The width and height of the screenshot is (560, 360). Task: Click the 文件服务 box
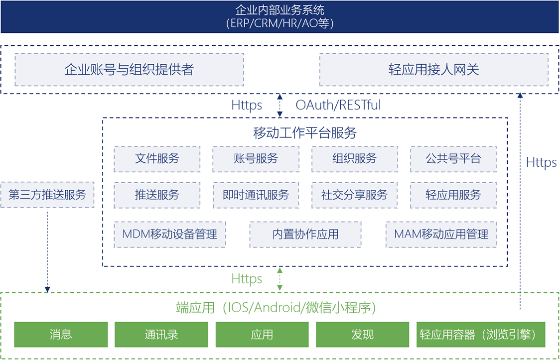[x=157, y=159]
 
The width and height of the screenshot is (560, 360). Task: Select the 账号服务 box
[x=256, y=159]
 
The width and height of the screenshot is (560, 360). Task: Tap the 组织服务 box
[x=355, y=159]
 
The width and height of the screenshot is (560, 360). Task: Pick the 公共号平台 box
[x=453, y=159]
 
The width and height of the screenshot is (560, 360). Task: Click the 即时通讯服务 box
[x=256, y=195]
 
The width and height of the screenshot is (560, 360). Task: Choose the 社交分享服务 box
[x=355, y=195]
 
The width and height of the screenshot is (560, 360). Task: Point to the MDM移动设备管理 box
[x=170, y=234]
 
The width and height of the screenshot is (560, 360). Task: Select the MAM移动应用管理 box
[x=441, y=234]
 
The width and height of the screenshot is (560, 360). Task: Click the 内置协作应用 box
[x=305, y=234]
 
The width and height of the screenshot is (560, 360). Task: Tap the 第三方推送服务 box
[x=47, y=195]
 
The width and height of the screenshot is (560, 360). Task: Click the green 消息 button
[x=61, y=334]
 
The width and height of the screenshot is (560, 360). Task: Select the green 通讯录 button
[x=161, y=334]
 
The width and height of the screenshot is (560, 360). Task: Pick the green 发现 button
[x=362, y=334]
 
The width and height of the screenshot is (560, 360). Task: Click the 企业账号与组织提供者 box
[x=129, y=69]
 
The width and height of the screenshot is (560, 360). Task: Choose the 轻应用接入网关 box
[x=433, y=69]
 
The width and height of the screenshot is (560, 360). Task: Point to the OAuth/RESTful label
[x=338, y=105]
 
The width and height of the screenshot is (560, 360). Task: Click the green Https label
[x=247, y=278]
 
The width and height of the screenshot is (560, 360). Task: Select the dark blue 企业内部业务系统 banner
[x=280, y=16]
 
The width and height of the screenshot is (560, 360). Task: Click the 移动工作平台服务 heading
[x=305, y=132]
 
